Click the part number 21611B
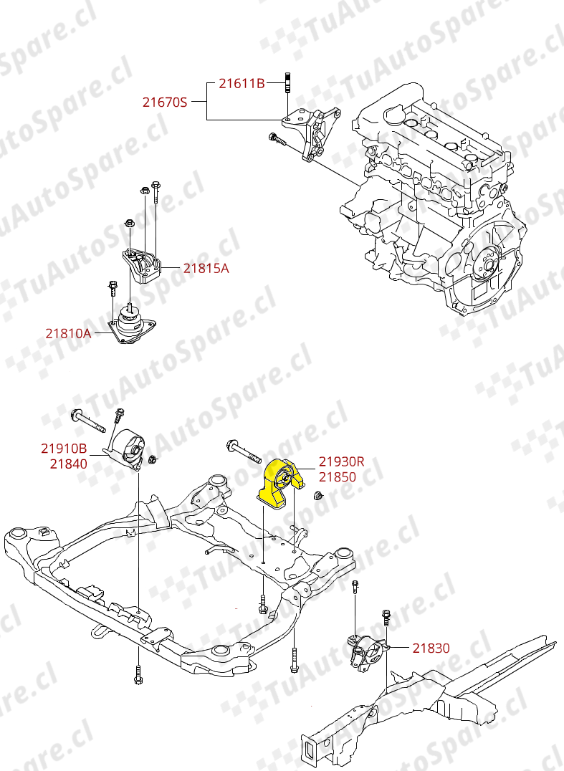(242, 84)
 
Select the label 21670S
(164, 102)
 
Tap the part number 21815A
(206, 269)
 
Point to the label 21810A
(68, 333)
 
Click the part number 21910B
(64, 449)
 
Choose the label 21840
(68, 464)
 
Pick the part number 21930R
(342, 462)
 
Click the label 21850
(337, 477)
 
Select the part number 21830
(431, 648)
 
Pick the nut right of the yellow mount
(319, 496)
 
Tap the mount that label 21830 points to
(366, 652)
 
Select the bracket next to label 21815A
(142, 267)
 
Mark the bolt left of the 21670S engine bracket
(277, 140)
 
